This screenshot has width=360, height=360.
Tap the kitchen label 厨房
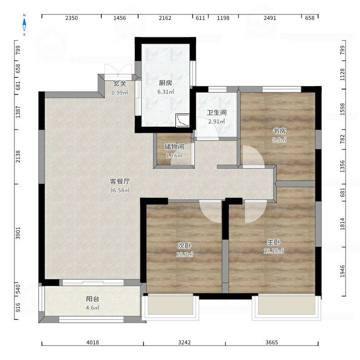[165, 83]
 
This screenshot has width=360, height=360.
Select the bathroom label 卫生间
[216, 112]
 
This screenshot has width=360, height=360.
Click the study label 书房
[279, 131]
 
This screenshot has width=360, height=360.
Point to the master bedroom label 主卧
[274, 242]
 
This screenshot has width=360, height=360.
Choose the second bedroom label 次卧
[184, 246]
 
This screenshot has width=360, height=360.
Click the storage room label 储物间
[174, 147]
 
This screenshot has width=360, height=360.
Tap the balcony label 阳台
[93, 299]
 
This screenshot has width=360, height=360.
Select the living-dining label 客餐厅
[120, 181]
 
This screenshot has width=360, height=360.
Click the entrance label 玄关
[120, 84]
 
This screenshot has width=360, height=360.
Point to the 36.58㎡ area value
[120, 190]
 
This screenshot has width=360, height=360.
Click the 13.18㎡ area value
[274, 251]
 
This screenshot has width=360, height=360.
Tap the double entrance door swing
[118, 69]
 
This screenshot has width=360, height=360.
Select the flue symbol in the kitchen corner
[183, 120]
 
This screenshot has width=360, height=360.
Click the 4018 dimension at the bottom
[93, 342]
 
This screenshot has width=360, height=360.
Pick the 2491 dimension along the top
[270, 18]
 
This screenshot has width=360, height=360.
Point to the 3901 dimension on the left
[18, 233]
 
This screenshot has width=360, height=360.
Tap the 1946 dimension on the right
[342, 271]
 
